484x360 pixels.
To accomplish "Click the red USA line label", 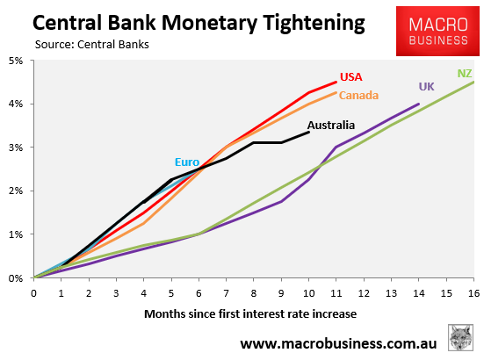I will pos(351,76).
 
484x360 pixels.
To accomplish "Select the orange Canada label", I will pos(359,95).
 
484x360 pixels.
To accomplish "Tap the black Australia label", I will pos(331,125).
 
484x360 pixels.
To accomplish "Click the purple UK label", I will pos(426,86).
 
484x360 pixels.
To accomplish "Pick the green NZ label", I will pos(465,73).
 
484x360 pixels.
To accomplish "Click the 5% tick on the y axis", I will pos(17,61).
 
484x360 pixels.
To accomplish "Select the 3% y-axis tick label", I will pos(17,148).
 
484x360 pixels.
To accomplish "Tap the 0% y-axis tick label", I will pos(17,278).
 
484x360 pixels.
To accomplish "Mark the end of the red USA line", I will pos(336,83).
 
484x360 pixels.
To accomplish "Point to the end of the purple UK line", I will pos(419,104).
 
